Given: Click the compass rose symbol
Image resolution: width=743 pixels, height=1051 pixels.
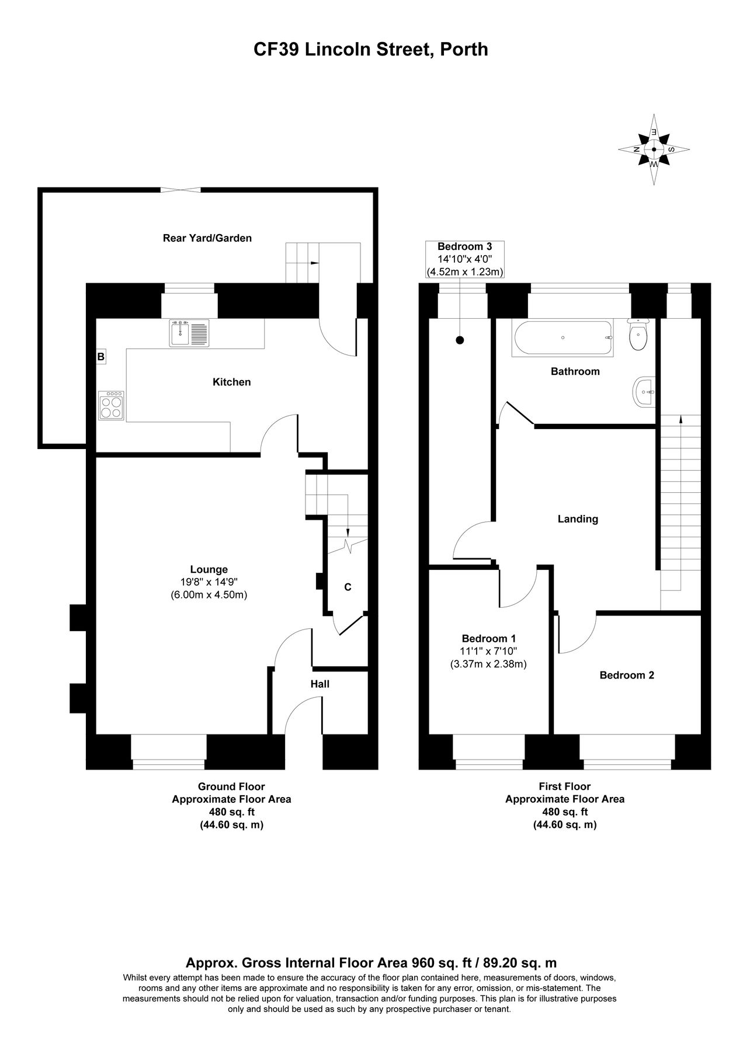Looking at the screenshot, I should tap(654, 149).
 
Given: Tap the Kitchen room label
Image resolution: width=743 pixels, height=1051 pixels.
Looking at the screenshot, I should tap(231, 382).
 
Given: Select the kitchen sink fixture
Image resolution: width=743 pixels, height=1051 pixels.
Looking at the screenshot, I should tap(189, 333).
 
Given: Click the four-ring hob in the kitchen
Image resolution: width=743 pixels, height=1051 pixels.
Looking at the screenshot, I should tap(111, 405).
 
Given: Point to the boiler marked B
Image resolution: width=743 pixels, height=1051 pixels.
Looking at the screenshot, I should tap(101, 356).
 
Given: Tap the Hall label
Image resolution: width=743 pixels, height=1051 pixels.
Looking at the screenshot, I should tap(320, 684).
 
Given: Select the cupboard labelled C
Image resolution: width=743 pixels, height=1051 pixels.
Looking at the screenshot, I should tap(348, 587).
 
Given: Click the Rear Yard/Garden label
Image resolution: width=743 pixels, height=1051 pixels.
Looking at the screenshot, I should tap(207, 238).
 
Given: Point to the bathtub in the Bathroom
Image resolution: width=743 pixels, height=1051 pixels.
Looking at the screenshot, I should tap(563, 337).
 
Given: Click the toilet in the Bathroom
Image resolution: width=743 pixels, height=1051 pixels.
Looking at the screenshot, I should tap(639, 335).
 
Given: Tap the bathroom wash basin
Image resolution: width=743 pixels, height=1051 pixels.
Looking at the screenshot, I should tap(644, 392).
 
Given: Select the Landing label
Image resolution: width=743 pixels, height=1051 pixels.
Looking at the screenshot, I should tap(578, 519).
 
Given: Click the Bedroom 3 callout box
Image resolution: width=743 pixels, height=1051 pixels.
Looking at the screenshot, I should tap(464, 259).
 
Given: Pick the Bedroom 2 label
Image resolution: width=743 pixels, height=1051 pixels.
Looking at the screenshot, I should tap(627, 676).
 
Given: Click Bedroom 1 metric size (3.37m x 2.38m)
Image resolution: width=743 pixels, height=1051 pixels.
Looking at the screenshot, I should tap(488, 664).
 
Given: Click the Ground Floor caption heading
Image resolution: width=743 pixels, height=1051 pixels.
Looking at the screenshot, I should tap(231, 787).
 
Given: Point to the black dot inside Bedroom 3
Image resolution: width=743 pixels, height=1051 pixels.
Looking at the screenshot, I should tap(460, 340).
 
